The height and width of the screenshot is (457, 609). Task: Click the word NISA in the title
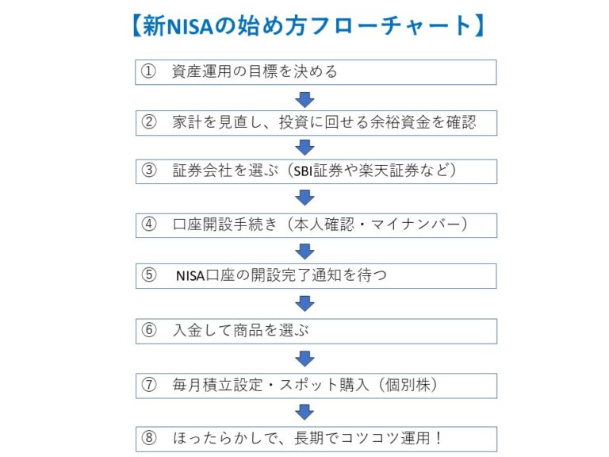(190, 26)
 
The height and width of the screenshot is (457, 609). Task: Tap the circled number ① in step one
(148, 71)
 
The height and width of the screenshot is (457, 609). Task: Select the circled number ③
(149, 171)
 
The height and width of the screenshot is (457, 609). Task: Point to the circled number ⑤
(149, 275)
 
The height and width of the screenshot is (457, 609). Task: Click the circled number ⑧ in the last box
(149, 438)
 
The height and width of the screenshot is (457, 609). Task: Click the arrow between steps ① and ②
(304, 100)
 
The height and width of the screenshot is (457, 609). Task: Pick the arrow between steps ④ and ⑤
(304, 252)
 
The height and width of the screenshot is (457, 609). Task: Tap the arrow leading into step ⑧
(304, 413)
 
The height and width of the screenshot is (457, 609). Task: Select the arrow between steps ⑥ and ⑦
(304, 359)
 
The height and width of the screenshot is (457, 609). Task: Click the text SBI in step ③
(303, 171)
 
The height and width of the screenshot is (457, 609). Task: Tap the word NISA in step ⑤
(190, 276)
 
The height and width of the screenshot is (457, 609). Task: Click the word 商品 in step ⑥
(248, 330)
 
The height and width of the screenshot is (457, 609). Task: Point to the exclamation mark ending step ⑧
(439, 438)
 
